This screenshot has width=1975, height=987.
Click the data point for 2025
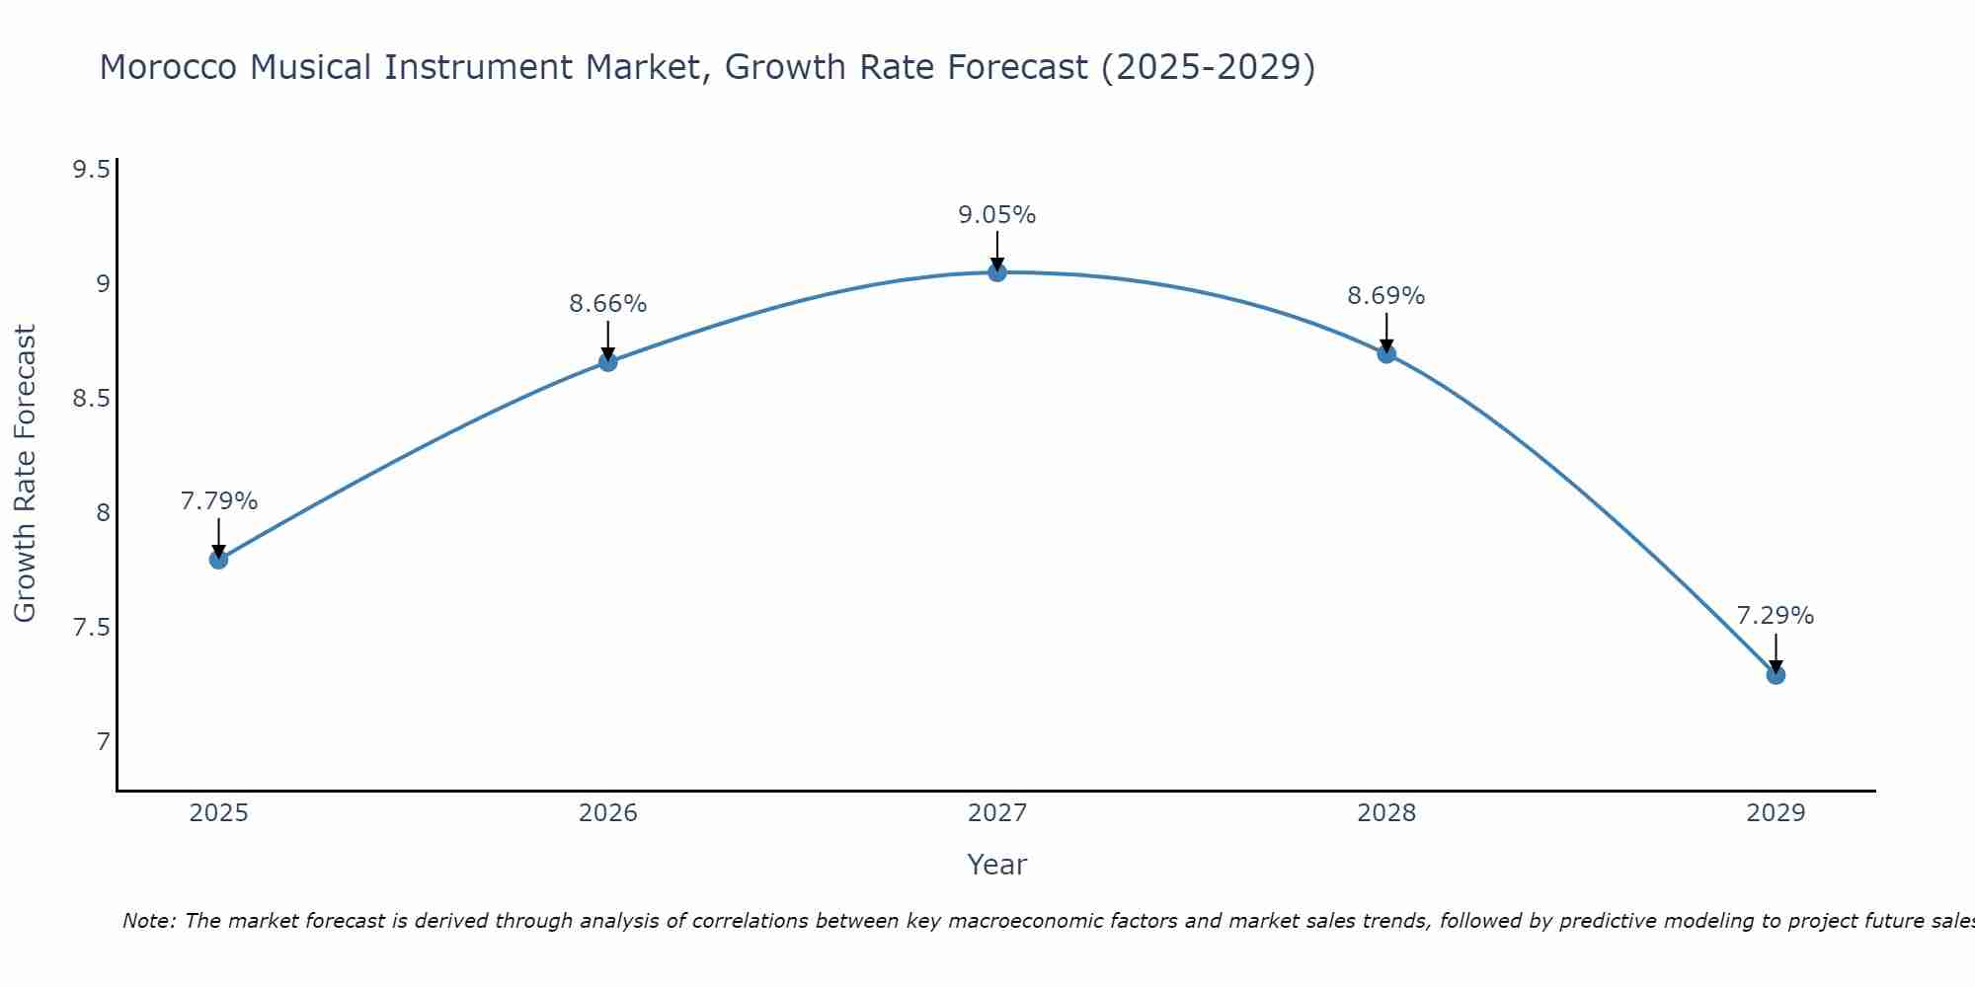(x=218, y=560)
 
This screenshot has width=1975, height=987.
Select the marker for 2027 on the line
(x=997, y=272)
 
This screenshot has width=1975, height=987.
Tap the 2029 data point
(x=1776, y=675)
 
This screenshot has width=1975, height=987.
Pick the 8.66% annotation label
(x=607, y=304)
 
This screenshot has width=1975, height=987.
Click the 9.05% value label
(x=997, y=215)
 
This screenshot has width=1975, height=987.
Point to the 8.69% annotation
(x=1386, y=296)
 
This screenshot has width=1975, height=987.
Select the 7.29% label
(x=1776, y=616)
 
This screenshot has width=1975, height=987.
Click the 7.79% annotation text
(x=218, y=501)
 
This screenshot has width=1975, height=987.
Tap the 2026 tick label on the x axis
(x=607, y=813)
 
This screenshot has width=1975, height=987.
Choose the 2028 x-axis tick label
(x=1386, y=813)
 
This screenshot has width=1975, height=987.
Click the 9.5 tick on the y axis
(x=91, y=171)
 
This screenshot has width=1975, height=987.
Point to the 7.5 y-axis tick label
(x=91, y=629)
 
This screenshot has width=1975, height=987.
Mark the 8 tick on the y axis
(x=103, y=513)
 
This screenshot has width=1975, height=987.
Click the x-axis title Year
(x=997, y=865)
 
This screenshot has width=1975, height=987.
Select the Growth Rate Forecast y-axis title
(x=25, y=473)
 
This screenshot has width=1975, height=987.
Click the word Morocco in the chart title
(x=168, y=67)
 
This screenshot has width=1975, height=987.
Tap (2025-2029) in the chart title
(x=1208, y=67)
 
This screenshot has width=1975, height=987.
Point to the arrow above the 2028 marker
(x=1386, y=332)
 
